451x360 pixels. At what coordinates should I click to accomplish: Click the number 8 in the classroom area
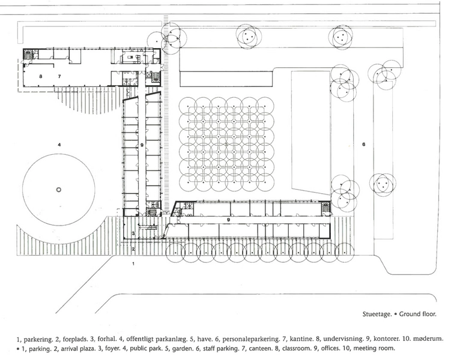click(41, 77)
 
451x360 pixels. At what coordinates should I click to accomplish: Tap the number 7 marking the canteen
click(59, 77)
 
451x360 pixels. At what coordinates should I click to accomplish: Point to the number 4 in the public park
click(59, 145)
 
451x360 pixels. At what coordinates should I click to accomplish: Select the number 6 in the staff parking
click(363, 145)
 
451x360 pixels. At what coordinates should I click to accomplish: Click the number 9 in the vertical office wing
click(142, 146)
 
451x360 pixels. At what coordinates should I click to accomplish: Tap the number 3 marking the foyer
click(134, 233)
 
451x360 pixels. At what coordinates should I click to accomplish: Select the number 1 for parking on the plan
click(134, 263)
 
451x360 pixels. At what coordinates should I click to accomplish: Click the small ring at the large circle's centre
click(58, 190)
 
